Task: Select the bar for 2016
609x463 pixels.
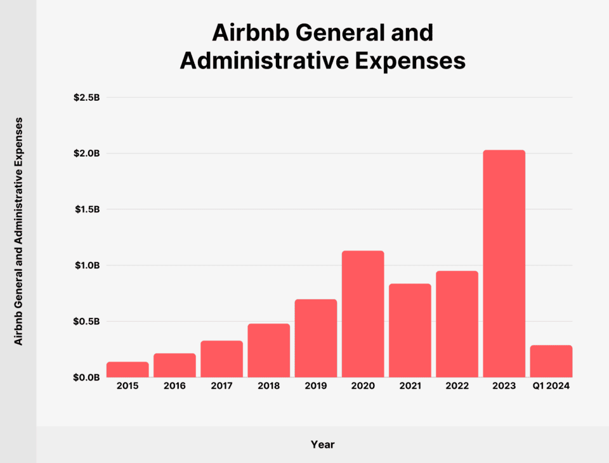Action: click(x=174, y=365)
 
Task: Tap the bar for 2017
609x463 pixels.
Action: click(x=221, y=359)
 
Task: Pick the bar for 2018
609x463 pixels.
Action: click(x=268, y=350)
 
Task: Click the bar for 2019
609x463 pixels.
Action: click(x=315, y=338)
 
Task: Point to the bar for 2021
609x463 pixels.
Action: click(x=410, y=330)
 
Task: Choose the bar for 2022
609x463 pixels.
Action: click(x=457, y=324)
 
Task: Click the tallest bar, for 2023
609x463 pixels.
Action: click(x=504, y=263)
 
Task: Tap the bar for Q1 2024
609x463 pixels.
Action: click(x=551, y=361)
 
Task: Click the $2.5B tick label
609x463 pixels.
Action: click(x=87, y=98)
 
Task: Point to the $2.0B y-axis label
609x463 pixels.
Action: click(x=87, y=153)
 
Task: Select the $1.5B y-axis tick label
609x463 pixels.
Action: click(x=87, y=209)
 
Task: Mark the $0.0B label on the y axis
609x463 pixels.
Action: click(x=87, y=377)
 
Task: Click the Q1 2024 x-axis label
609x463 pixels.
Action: click(x=551, y=386)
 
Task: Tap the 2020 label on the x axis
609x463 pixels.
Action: click(x=363, y=386)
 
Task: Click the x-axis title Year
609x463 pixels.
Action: click(x=322, y=445)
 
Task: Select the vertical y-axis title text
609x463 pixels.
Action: click(x=18, y=231)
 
